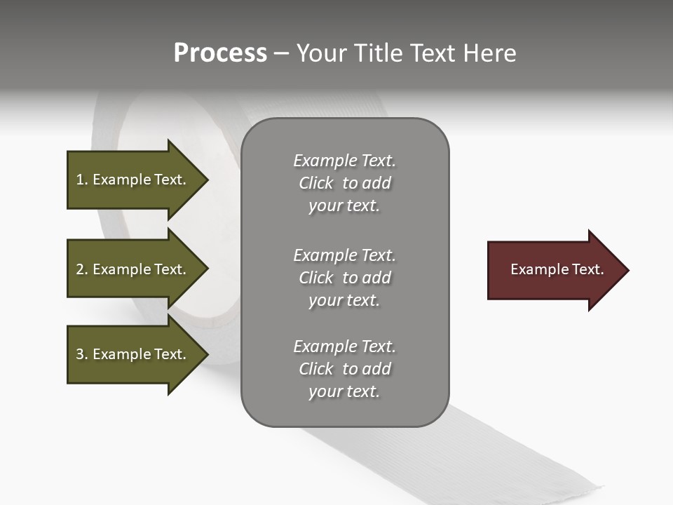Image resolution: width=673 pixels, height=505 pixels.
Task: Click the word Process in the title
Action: pyautogui.click(x=220, y=53)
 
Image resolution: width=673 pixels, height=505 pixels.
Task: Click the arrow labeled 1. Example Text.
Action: pyautogui.click(x=133, y=180)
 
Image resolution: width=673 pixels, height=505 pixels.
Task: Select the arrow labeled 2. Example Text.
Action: pyautogui.click(x=133, y=269)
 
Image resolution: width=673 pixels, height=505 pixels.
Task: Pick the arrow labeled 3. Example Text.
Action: pyautogui.click(x=133, y=354)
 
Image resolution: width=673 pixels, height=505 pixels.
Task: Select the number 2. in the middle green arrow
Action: pyautogui.click(x=81, y=269)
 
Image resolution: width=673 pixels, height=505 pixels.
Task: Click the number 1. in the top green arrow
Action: pyautogui.click(x=81, y=180)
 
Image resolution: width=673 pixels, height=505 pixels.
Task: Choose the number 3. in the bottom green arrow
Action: pyautogui.click(x=81, y=354)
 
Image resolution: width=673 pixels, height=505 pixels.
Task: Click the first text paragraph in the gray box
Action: pyautogui.click(x=344, y=183)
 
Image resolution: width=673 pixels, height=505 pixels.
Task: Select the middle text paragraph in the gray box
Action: pyautogui.click(x=344, y=278)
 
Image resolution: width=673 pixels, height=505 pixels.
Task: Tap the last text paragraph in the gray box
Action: pyautogui.click(x=344, y=369)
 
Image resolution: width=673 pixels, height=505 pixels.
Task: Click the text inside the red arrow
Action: pyautogui.click(x=557, y=269)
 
